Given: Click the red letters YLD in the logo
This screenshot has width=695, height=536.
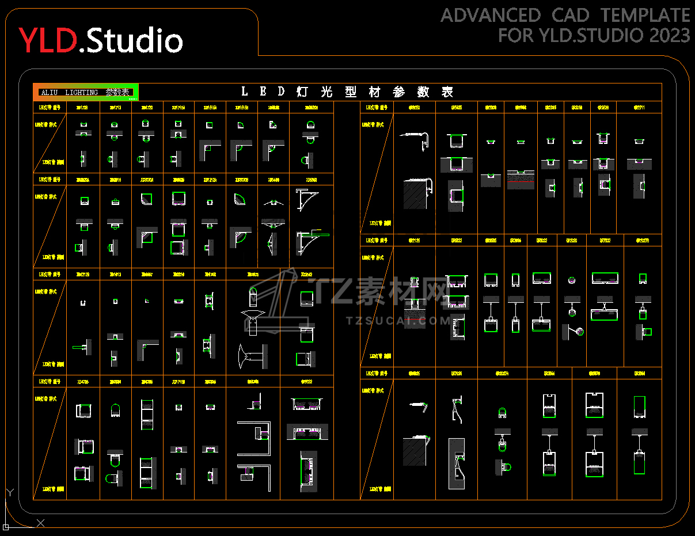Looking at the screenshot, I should click(48, 40).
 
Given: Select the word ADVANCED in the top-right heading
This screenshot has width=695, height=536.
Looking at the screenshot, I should click(491, 16).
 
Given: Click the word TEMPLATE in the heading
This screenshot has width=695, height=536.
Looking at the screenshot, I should click(645, 16).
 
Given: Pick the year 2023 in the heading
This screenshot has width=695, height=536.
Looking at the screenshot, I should click(670, 36).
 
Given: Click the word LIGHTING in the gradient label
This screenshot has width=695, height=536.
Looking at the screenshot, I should click(81, 92).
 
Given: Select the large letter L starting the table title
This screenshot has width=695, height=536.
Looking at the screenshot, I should click(245, 92).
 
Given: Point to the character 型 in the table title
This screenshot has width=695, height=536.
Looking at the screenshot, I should click(351, 92).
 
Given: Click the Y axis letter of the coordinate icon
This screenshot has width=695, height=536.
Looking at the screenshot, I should click(9, 493).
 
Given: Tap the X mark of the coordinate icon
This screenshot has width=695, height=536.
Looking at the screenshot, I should click(40, 523).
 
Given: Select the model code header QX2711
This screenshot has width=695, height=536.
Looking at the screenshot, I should click(639, 107).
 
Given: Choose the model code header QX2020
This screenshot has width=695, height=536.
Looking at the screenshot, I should click(571, 240).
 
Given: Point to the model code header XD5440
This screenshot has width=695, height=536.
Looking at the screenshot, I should click(274, 180).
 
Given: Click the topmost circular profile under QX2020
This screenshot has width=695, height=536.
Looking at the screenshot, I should click(572, 280).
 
